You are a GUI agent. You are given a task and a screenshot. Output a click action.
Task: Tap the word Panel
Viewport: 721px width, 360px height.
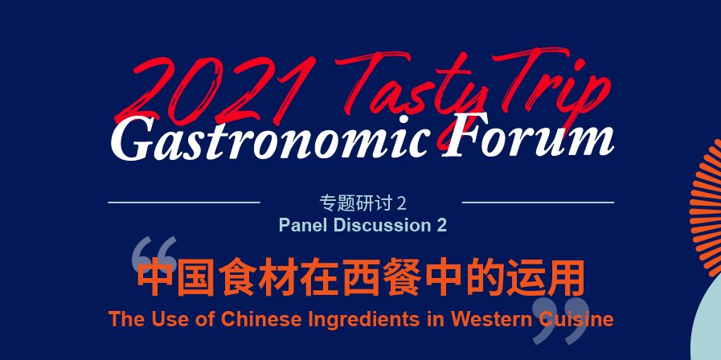pos(303,225)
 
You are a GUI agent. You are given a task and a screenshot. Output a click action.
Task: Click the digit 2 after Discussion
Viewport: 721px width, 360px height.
pos(441,225)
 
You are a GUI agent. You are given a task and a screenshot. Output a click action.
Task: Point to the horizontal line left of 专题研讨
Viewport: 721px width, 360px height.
pos(184,202)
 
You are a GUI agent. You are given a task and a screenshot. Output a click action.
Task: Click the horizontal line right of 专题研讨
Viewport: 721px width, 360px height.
pos(538,202)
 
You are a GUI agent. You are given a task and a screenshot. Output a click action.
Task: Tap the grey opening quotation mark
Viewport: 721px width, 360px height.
pos(154,256)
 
